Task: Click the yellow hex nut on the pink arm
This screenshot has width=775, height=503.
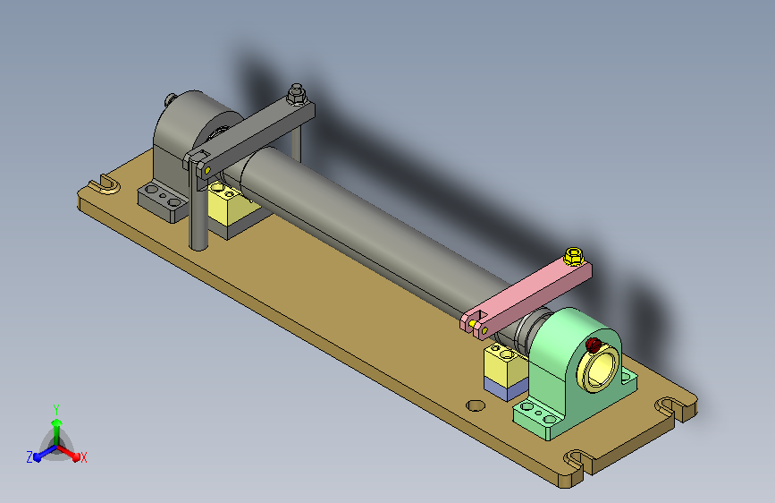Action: pos(573,257)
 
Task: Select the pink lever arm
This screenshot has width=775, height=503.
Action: pos(526,301)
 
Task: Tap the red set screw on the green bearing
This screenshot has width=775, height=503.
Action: pos(593,345)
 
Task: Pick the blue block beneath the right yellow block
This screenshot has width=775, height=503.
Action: pos(504,388)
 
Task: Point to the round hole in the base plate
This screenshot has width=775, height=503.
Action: pos(476,405)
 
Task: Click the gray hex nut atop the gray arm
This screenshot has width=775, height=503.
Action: pos(296,94)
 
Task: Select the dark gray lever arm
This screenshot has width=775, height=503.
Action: pos(249,136)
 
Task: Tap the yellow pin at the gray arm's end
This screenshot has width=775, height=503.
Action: pos(207,170)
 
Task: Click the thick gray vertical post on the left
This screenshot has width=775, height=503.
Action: pos(198,208)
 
